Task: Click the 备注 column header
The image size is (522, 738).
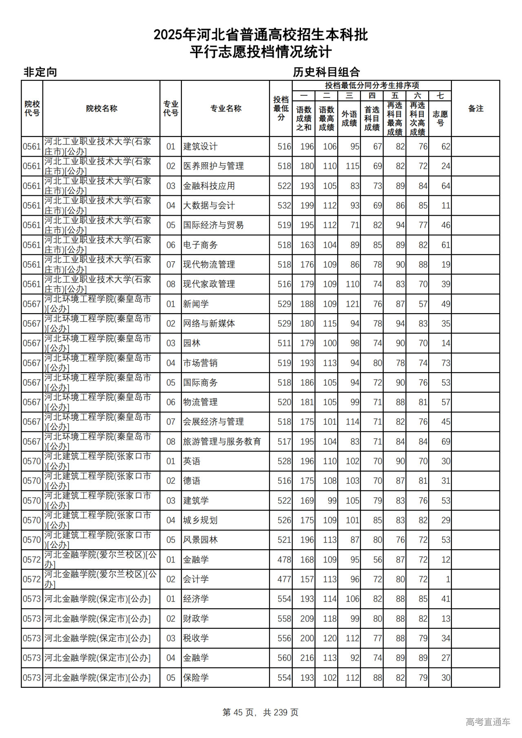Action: coord(476,108)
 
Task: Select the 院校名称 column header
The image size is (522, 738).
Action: coord(102,108)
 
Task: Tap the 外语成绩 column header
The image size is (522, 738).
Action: coord(349,118)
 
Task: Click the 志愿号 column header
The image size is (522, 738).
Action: coord(440,118)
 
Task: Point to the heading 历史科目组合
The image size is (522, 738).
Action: coord(326,72)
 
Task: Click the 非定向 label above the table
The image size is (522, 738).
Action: coord(40,72)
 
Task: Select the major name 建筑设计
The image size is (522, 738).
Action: coord(200,146)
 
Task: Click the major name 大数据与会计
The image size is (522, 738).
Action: coord(209,205)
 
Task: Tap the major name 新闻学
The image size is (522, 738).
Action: coord(196,304)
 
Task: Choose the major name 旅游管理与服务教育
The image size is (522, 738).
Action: coord(222,442)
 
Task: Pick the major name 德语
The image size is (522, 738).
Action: coord(192,481)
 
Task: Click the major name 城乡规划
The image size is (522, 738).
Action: coord(200,520)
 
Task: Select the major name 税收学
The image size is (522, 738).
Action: coord(196,638)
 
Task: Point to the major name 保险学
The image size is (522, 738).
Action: coord(196,678)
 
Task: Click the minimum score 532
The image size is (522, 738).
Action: coord(284,205)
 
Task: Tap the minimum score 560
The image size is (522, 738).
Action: coord(284,658)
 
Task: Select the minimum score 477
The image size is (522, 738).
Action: coord(284,579)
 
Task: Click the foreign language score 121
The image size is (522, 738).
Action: coord(352,304)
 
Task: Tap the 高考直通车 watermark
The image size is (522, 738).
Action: coord(488,722)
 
